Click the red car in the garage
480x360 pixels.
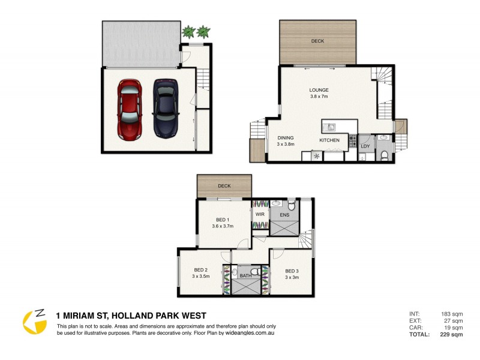pos(129,110)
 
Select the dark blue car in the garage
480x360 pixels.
pos(164,108)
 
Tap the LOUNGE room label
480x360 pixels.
pos(319,91)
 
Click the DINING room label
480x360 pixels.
pos(286,137)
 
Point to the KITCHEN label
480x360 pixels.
pos(329,140)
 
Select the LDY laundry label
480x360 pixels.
pos(365,145)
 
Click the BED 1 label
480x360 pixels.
pos(222,219)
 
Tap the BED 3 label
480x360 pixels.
pos(292,270)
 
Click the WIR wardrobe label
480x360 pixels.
pos(260,214)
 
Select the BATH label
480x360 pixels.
pos(246,276)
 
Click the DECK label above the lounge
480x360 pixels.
pos(317,41)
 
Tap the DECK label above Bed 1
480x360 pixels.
pos(224,186)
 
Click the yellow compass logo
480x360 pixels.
pos(34,322)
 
